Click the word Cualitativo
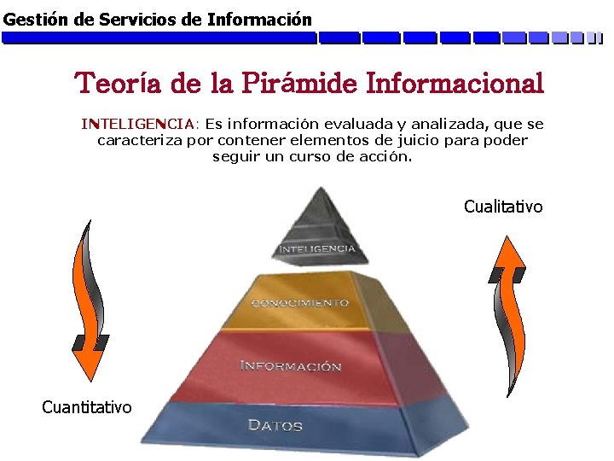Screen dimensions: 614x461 [502, 207]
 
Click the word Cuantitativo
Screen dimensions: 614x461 [87, 407]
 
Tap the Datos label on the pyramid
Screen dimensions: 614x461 [275, 425]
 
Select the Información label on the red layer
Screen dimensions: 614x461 [290, 366]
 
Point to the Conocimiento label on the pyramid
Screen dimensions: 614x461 [299, 303]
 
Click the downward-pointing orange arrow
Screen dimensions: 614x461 [90, 299]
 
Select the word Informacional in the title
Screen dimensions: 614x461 [454, 84]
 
